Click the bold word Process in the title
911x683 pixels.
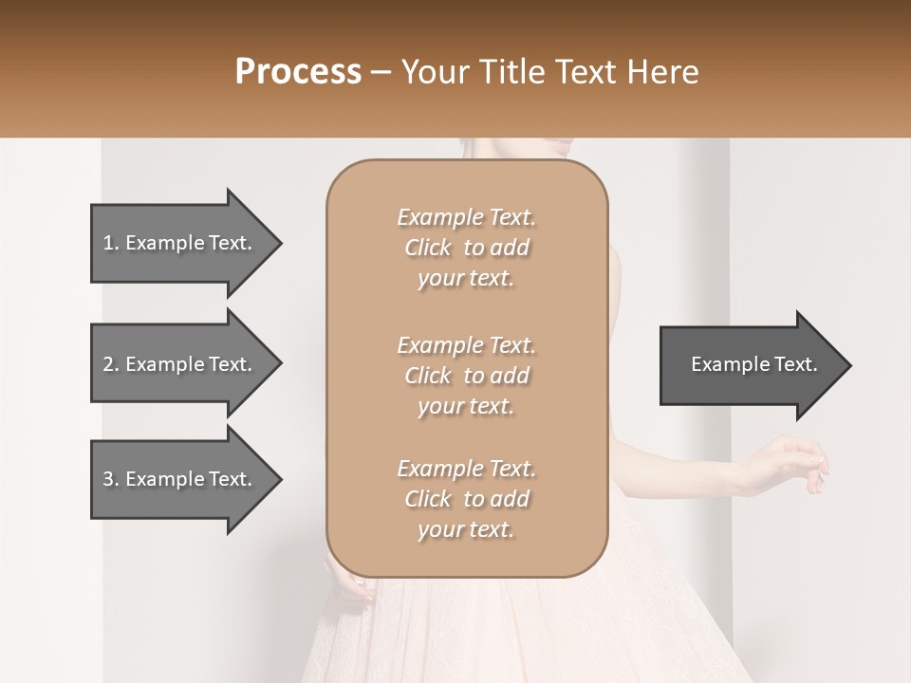(x=298, y=72)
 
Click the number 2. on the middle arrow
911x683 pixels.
(x=111, y=364)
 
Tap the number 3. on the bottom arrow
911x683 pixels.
(x=111, y=479)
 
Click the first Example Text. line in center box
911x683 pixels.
(x=466, y=217)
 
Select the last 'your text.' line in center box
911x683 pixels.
(x=465, y=530)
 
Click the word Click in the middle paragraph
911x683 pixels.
(x=427, y=376)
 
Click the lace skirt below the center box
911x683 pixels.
(x=474, y=631)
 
